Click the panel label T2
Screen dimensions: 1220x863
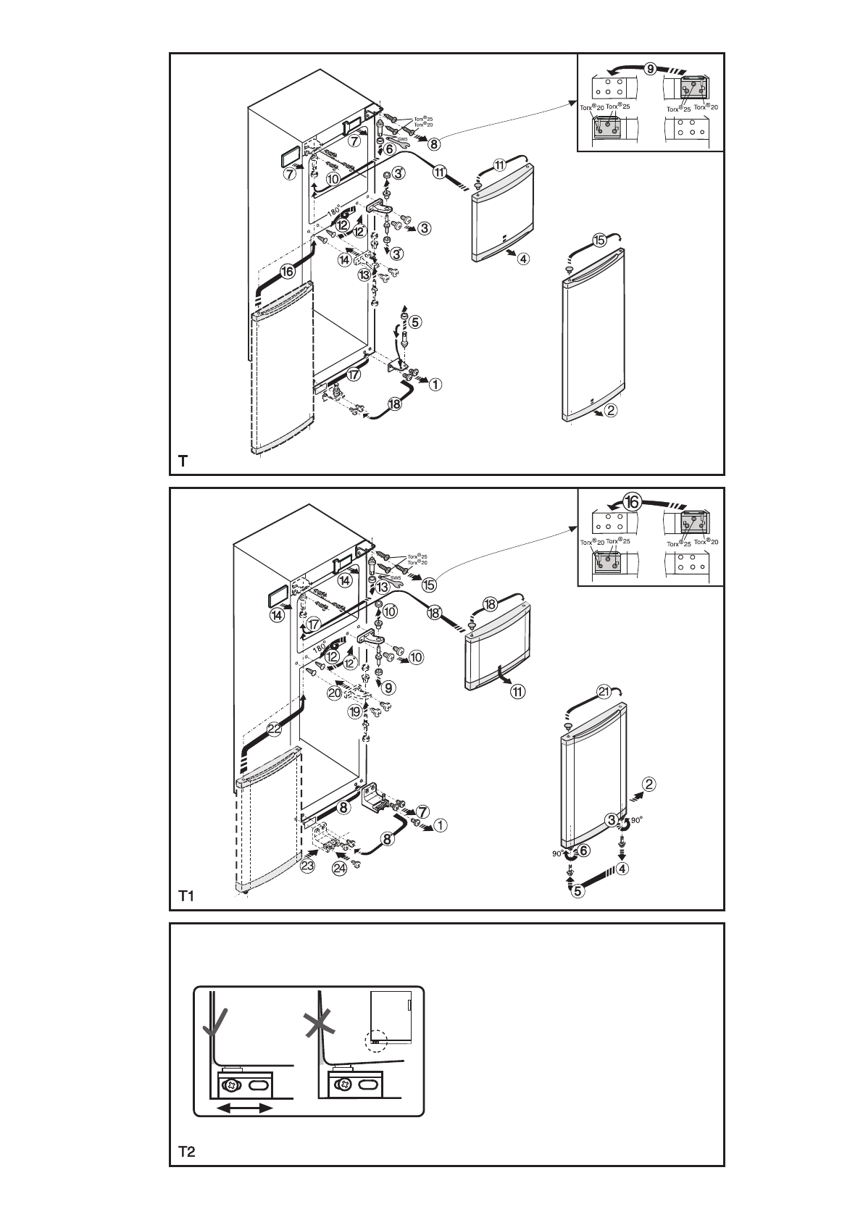pos(187,1151)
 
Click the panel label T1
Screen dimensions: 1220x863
pos(187,897)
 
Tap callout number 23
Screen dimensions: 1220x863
pos(309,865)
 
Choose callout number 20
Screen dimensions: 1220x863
pos(335,693)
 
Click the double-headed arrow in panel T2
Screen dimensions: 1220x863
pos(246,1108)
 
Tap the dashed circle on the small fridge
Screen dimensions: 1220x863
pos(377,1040)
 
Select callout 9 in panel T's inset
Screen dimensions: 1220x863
pos(651,69)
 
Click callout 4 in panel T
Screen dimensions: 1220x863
pos(523,259)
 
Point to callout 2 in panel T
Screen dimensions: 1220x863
pos(611,411)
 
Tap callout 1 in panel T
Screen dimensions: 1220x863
pos(435,385)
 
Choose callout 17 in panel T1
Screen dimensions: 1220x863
pos(313,624)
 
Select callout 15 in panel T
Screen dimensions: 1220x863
pos(599,241)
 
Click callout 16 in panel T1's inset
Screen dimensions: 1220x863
pos(632,502)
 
